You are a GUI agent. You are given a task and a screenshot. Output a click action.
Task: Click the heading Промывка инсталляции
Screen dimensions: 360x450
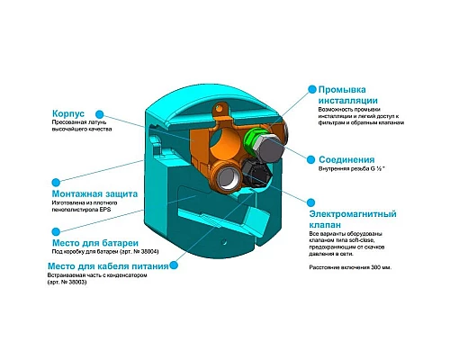click(353, 96)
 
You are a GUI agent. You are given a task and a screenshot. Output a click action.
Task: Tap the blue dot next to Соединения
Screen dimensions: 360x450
click(311, 158)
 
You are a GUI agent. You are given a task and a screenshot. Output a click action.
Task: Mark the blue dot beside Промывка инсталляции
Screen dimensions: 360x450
click(311, 90)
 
